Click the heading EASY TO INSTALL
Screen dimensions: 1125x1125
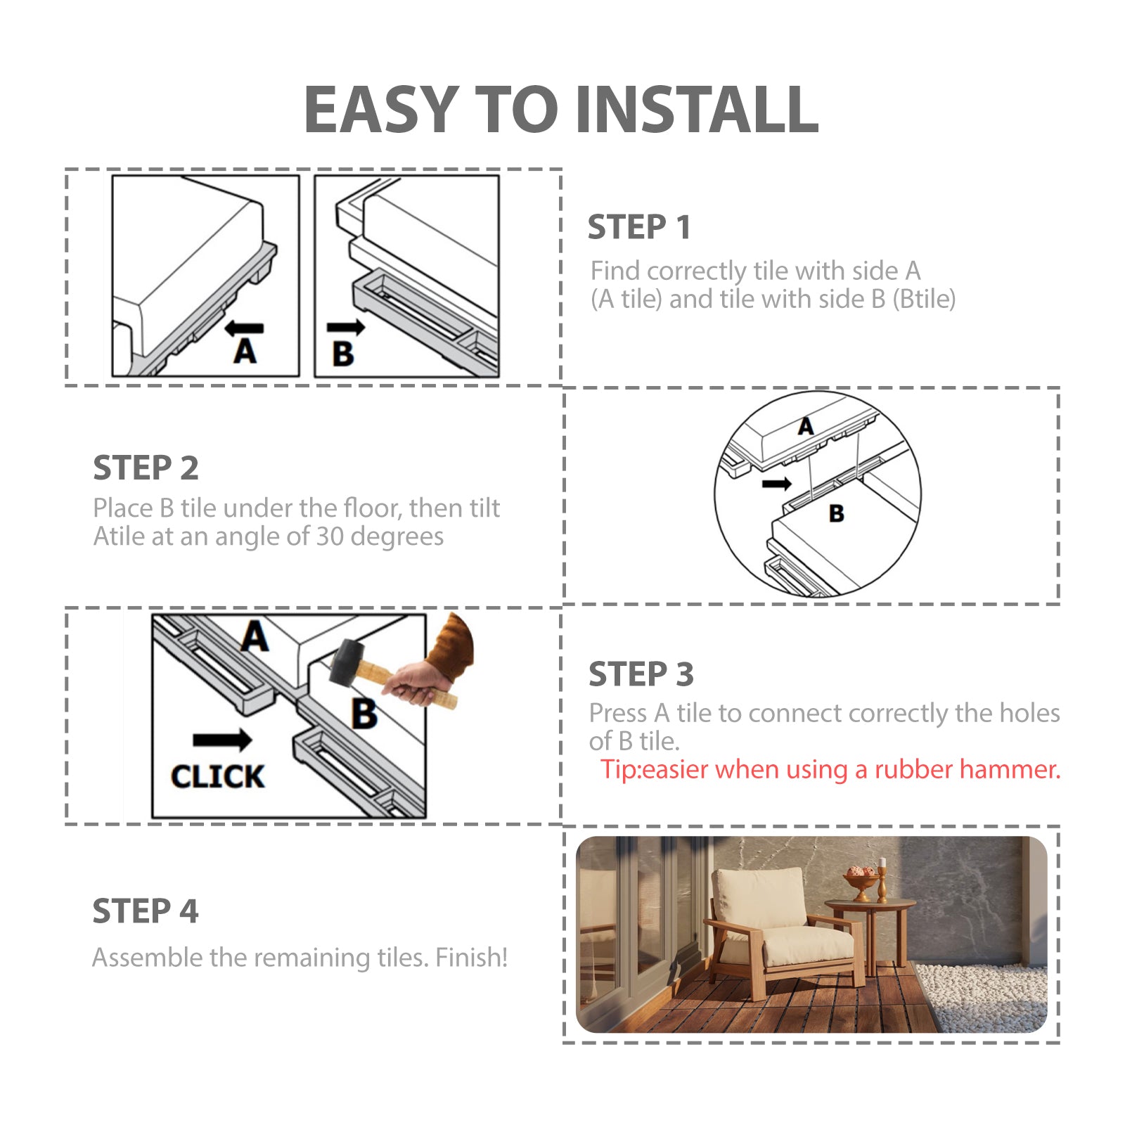561,109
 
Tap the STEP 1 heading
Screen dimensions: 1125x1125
639,227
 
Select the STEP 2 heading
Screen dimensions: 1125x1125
146,468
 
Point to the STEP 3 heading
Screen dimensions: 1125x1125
641,674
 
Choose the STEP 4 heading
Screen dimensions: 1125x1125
146,911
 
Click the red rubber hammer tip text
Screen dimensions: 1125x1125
830,770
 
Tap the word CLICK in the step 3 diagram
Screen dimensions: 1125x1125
217,777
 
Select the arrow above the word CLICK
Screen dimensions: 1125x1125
222,740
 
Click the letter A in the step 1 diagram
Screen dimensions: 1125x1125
245,352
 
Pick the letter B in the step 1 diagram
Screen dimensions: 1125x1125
343,354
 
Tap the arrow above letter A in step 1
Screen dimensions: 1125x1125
244,328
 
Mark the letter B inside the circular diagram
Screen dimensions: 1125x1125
837,514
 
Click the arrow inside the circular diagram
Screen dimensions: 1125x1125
777,484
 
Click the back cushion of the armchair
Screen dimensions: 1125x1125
759,896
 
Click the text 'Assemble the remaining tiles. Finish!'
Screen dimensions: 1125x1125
300,958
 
